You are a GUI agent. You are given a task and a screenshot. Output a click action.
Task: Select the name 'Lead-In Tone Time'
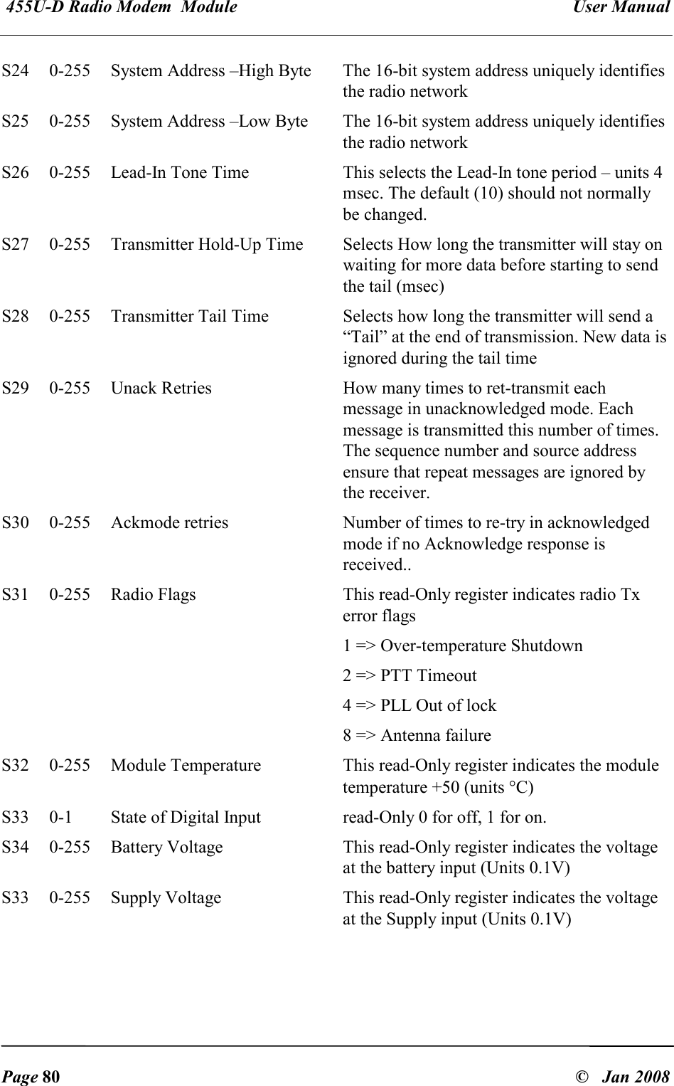coord(180,173)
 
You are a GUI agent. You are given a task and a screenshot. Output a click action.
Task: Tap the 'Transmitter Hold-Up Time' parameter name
coord(207,245)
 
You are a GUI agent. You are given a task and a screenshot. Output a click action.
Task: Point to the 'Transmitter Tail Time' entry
coord(190,317)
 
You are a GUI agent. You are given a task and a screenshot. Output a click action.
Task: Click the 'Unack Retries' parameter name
coord(161,389)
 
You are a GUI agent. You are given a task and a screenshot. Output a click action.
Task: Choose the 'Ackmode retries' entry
coord(170,523)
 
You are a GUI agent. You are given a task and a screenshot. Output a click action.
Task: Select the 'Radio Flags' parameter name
coord(154,595)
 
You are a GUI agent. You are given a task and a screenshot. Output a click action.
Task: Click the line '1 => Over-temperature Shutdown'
coord(463,646)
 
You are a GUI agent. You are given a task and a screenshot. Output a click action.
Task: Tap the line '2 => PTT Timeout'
coord(410,676)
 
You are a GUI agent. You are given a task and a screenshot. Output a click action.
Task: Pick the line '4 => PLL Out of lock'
coord(420,706)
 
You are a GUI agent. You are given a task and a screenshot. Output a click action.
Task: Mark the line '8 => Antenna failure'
coord(417,736)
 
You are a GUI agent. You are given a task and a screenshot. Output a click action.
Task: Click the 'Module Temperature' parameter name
coord(186,766)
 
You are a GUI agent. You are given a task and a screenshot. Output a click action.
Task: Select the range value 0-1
coord(60,817)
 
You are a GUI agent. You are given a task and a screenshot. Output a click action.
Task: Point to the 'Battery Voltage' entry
coord(167,847)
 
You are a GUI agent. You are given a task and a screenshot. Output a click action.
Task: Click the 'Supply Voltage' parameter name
coord(166,898)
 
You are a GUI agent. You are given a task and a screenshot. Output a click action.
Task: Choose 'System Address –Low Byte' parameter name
coord(210,122)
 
